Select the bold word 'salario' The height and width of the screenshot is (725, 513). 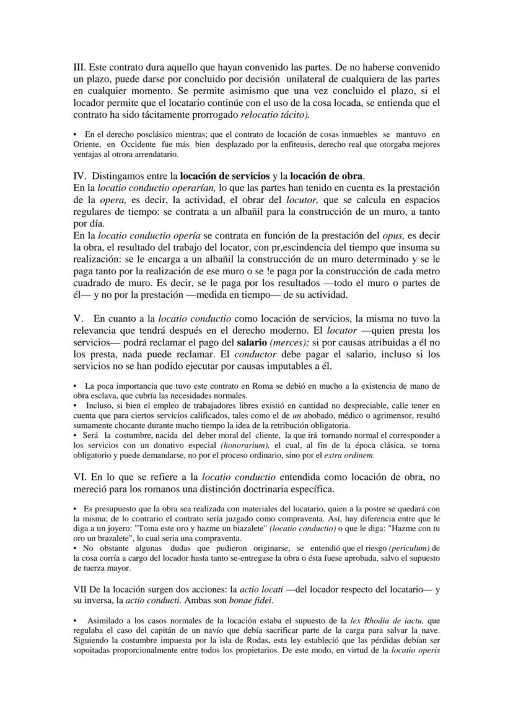click(x=248, y=342)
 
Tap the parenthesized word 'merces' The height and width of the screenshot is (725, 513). click(x=292, y=342)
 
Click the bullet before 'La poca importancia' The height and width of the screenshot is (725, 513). click(x=75, y=386)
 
